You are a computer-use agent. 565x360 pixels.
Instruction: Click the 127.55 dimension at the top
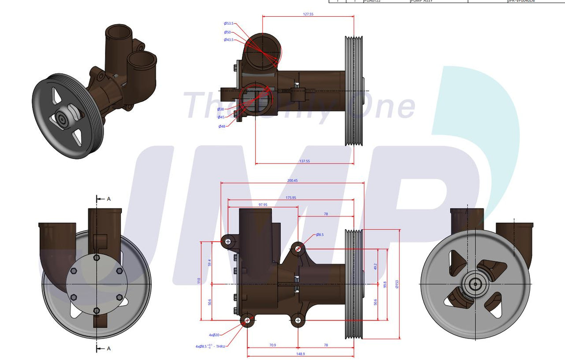tap(308, 14)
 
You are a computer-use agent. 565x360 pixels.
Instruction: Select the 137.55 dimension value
tap(305, 161)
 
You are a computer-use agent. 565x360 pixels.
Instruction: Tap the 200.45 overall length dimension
tap(292, 180)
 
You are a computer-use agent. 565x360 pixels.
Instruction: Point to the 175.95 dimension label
tap(291, 197)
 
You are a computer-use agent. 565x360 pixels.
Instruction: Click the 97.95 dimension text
tap(264, 205)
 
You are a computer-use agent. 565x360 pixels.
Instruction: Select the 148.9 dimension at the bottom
tap(301, 354)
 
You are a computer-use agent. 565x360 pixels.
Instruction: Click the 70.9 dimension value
tap(272, 345)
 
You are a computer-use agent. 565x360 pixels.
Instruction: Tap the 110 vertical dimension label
tap(199, 280)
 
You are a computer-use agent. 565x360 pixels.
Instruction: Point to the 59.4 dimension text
tap(210, 262)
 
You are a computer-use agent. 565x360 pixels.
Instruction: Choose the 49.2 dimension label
tap(375, 266)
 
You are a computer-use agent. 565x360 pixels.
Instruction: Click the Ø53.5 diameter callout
tap(229, 23)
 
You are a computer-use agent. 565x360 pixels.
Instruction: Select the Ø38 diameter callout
tap(221, 109)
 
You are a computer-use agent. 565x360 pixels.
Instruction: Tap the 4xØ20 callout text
tap(214, 335)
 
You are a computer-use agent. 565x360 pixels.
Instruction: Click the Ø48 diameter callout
tap(222, 126)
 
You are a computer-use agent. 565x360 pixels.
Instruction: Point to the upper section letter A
tap(109, 199)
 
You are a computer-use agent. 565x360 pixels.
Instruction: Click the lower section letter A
tap(109, 349)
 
